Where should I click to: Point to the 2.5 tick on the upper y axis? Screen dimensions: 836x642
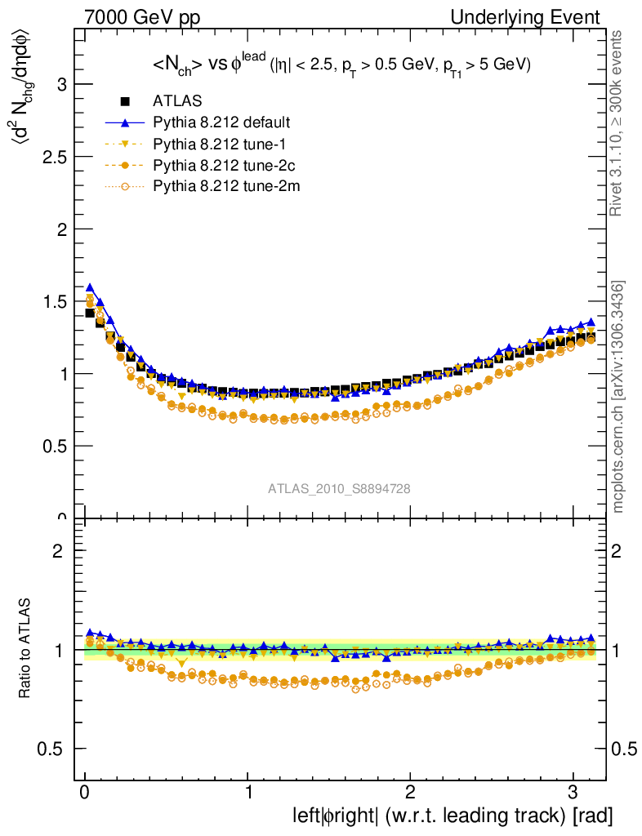click(54, 157)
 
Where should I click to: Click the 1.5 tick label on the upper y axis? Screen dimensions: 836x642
click(54, 302)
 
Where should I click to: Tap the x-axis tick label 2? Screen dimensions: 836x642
click(411, 793)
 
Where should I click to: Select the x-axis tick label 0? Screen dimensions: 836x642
click(85, 793)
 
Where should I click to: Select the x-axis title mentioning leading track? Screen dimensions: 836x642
click(452, 816)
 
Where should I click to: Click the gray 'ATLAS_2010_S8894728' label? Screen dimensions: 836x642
click(339, 489)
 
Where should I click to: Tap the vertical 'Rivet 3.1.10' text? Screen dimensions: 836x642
click(618, 123)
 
